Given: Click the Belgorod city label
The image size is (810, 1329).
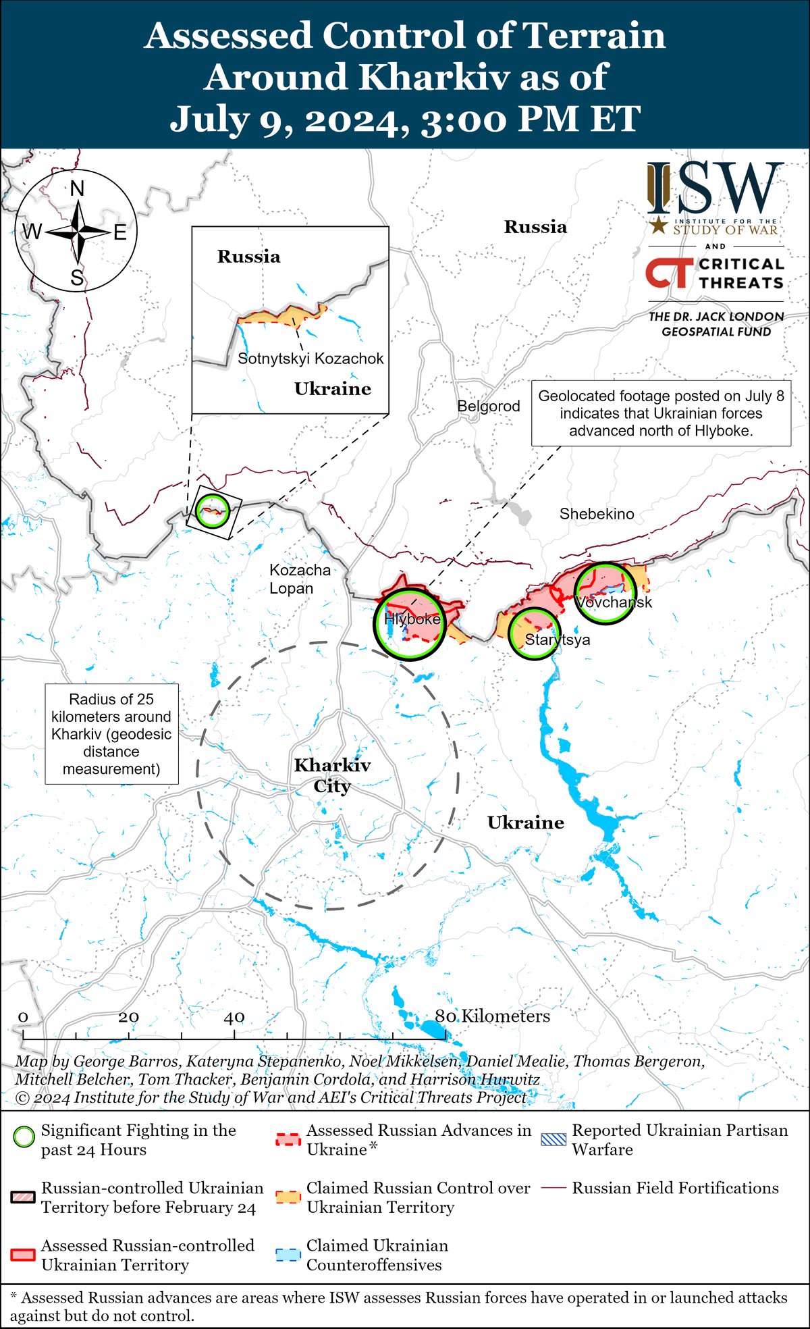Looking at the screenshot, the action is [x=489, y=407].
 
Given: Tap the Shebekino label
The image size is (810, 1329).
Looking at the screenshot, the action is [x=597, y=514].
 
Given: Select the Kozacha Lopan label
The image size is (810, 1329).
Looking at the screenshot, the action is [x=300, y=579].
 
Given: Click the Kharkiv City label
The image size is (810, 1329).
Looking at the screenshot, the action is [x=332, y=775].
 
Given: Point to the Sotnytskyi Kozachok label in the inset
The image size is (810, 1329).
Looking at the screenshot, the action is [x=310, y=359].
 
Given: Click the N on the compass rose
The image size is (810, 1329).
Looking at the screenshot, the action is [x=78, y=188].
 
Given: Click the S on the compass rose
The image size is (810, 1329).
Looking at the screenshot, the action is [x=78, y=278].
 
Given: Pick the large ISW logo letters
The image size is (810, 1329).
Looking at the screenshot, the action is [x=715, y=188].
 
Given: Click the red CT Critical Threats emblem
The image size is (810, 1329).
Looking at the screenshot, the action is [x=669, y=273].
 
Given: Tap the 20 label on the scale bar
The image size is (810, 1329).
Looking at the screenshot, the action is [x=128, y=1017].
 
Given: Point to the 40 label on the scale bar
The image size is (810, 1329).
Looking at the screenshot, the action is [x=234, y=1017].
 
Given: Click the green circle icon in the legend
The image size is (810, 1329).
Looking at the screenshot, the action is [x=24, y=1137].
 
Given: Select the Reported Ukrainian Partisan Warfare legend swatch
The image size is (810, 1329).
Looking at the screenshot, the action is [x=554, y=1139].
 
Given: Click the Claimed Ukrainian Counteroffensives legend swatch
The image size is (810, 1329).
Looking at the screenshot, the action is [x=288, y=1255].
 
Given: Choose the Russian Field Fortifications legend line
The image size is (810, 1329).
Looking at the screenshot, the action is [x=554, y=1188].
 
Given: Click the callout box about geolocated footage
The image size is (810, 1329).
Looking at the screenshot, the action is [x=661, y=413].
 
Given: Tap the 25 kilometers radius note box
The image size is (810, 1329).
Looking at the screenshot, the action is [x=111, y=734].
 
